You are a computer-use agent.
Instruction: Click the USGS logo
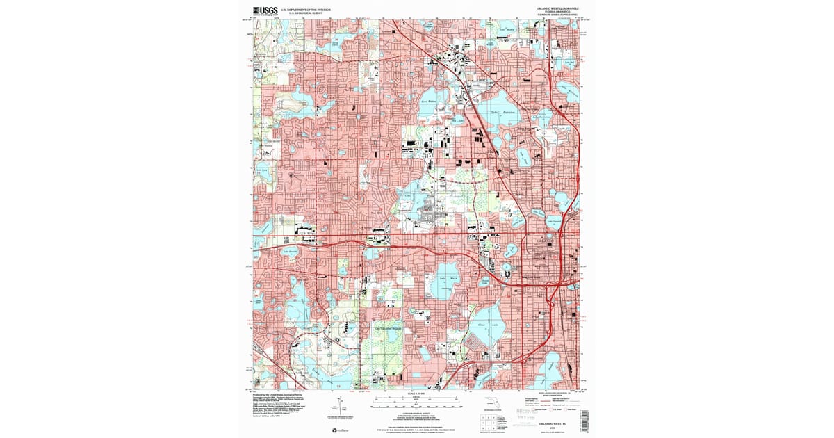pyautogui.click(x=264, y=11)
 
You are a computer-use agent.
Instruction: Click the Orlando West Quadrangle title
pyautogui.click(x=556, y=10)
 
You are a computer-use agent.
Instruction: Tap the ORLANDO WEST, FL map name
pyautogui.click(x=557, y=423)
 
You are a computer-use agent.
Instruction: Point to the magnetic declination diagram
pyautogui.click(x=337, y=408)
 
